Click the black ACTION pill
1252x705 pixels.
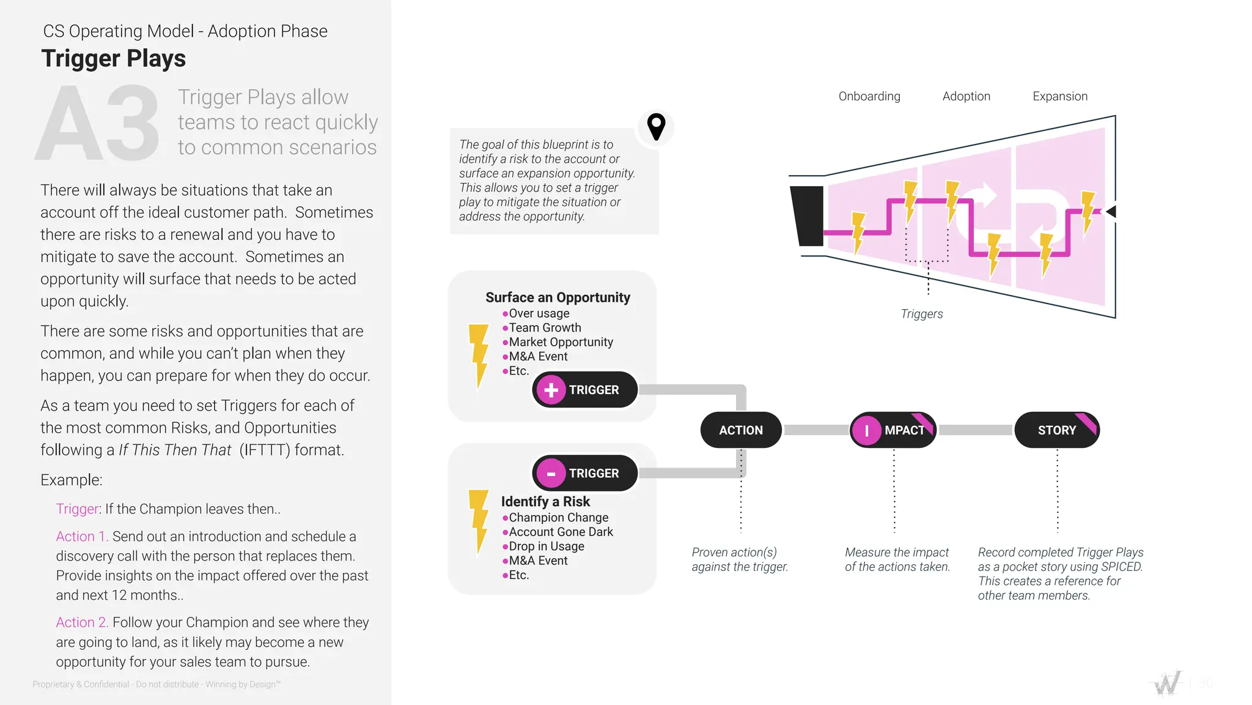[x=740, y=430]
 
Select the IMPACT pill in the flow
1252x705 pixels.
[x=893, y=430]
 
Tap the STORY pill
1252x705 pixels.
[x=1056, y=430]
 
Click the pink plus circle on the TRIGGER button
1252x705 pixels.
[x=551, y=390]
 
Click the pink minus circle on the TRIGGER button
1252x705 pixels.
[x=551, y=474]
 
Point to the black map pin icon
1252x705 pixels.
[x=656, y=127]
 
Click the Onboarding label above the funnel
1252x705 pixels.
[x=869, y=96]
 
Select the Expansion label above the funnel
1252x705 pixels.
[x=1059, y=96]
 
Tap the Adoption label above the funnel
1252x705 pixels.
[x=966, y=96]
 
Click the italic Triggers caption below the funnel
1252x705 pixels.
[x=921, y=314]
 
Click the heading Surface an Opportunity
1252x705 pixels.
[x=558, y=297]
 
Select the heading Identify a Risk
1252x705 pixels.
[x=545, y=502]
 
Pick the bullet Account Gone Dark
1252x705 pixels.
[x=561, y=532]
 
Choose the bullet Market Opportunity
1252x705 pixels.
[x=561, y=342]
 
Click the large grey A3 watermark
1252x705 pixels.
[x=98, y=124]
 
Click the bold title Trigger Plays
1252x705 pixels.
[x=114, y=59]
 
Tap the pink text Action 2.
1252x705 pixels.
[x=82, y=622]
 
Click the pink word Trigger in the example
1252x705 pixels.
[x=77, y=509]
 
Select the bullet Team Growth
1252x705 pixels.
[x=545, y=328]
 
